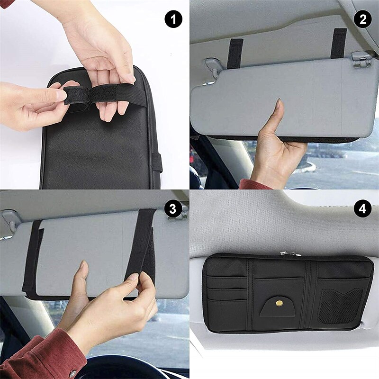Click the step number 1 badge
[173, 20]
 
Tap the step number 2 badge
[363, 20]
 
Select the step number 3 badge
[173, 208]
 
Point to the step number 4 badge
[363, 208]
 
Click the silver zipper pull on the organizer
[290, 254]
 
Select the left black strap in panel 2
[235, 53]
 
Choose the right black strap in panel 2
[339, 44]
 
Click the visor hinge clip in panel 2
[361, 60]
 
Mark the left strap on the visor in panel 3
[33, 261]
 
